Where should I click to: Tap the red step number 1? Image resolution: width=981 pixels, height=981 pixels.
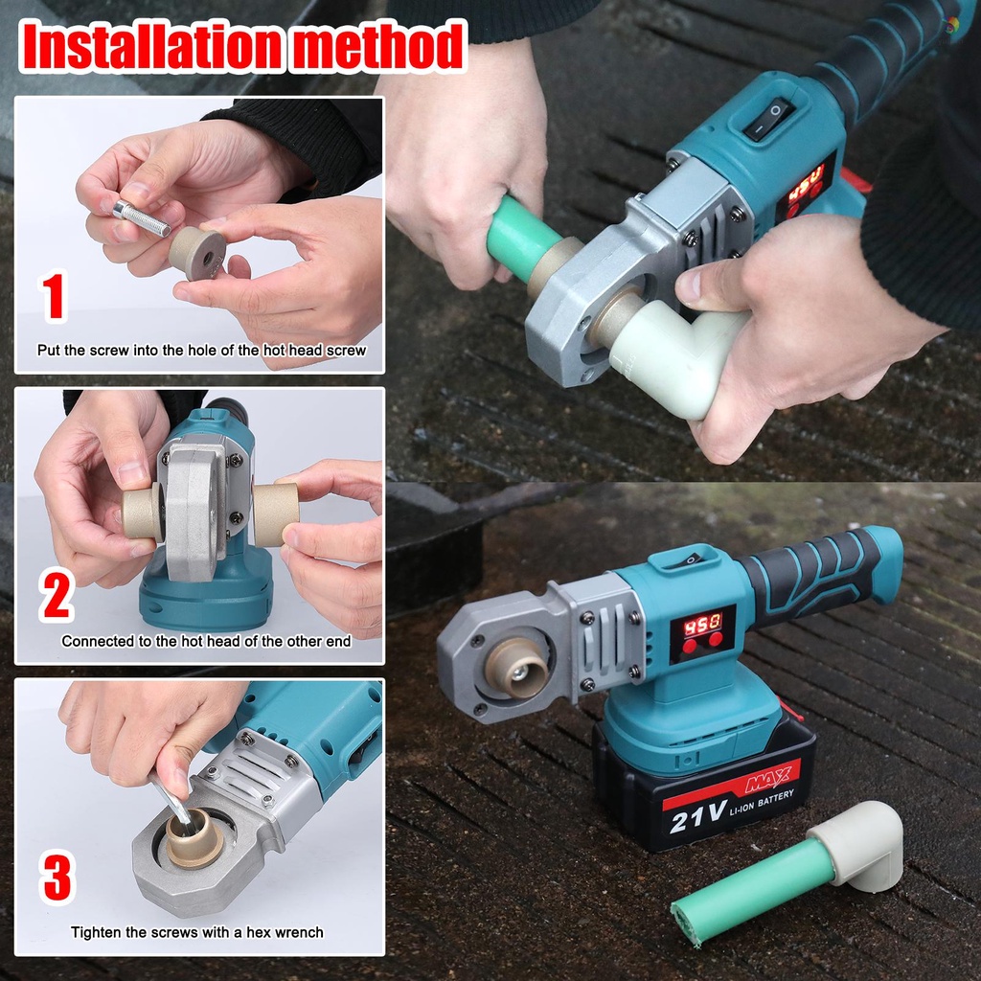[x=54, y=296]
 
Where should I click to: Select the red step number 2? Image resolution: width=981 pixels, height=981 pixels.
[x=57, y=596]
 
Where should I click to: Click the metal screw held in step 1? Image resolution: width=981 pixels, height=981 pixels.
[x=140, y=217]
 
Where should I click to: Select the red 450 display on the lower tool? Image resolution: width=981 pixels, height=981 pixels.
[x=702, y=620]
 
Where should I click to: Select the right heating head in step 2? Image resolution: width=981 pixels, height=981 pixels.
[x=275, y=514]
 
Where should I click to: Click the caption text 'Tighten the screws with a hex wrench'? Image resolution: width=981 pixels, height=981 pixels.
[x=196, y=932]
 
